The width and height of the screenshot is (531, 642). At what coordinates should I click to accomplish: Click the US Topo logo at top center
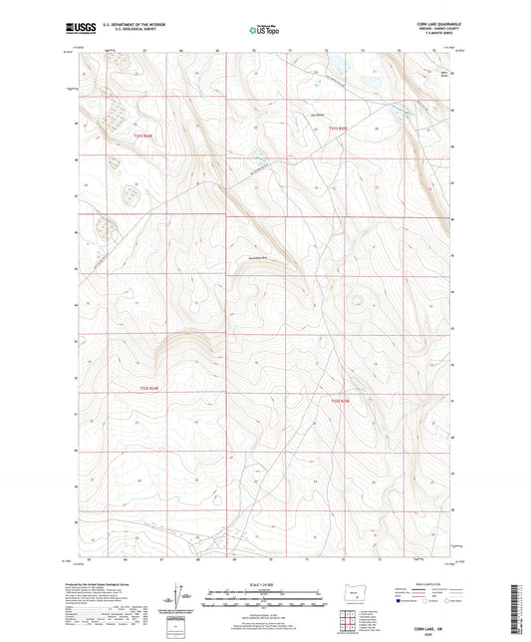(x=264, y=31)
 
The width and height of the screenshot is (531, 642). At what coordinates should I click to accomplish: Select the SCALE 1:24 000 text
(x=264, y=582)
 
